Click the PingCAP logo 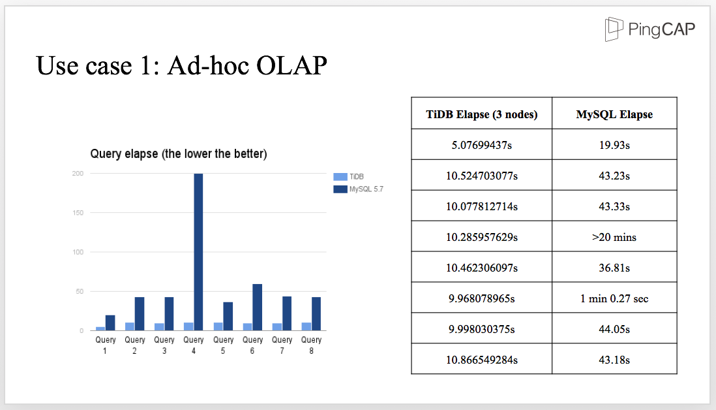[649, 29]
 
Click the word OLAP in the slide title [291, 65]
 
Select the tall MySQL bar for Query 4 [198, 252]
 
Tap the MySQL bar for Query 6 [257, 307]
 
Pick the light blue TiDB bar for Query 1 [100, 328]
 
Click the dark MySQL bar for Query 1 [110, 323]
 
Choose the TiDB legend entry [348, 177]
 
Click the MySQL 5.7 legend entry [359, 189]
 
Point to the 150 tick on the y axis [78, 213]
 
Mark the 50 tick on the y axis [80, 291]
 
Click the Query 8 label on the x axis [312, 345]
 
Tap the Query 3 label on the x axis [164, 345]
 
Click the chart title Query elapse [179, 153]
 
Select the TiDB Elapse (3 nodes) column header [482, 114]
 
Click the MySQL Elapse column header [615, 114]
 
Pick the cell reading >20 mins [614, 237]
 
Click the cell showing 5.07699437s [482, 146]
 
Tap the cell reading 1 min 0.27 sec [614, 298]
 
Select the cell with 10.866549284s [482, 360]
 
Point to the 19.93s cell [614, 146]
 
